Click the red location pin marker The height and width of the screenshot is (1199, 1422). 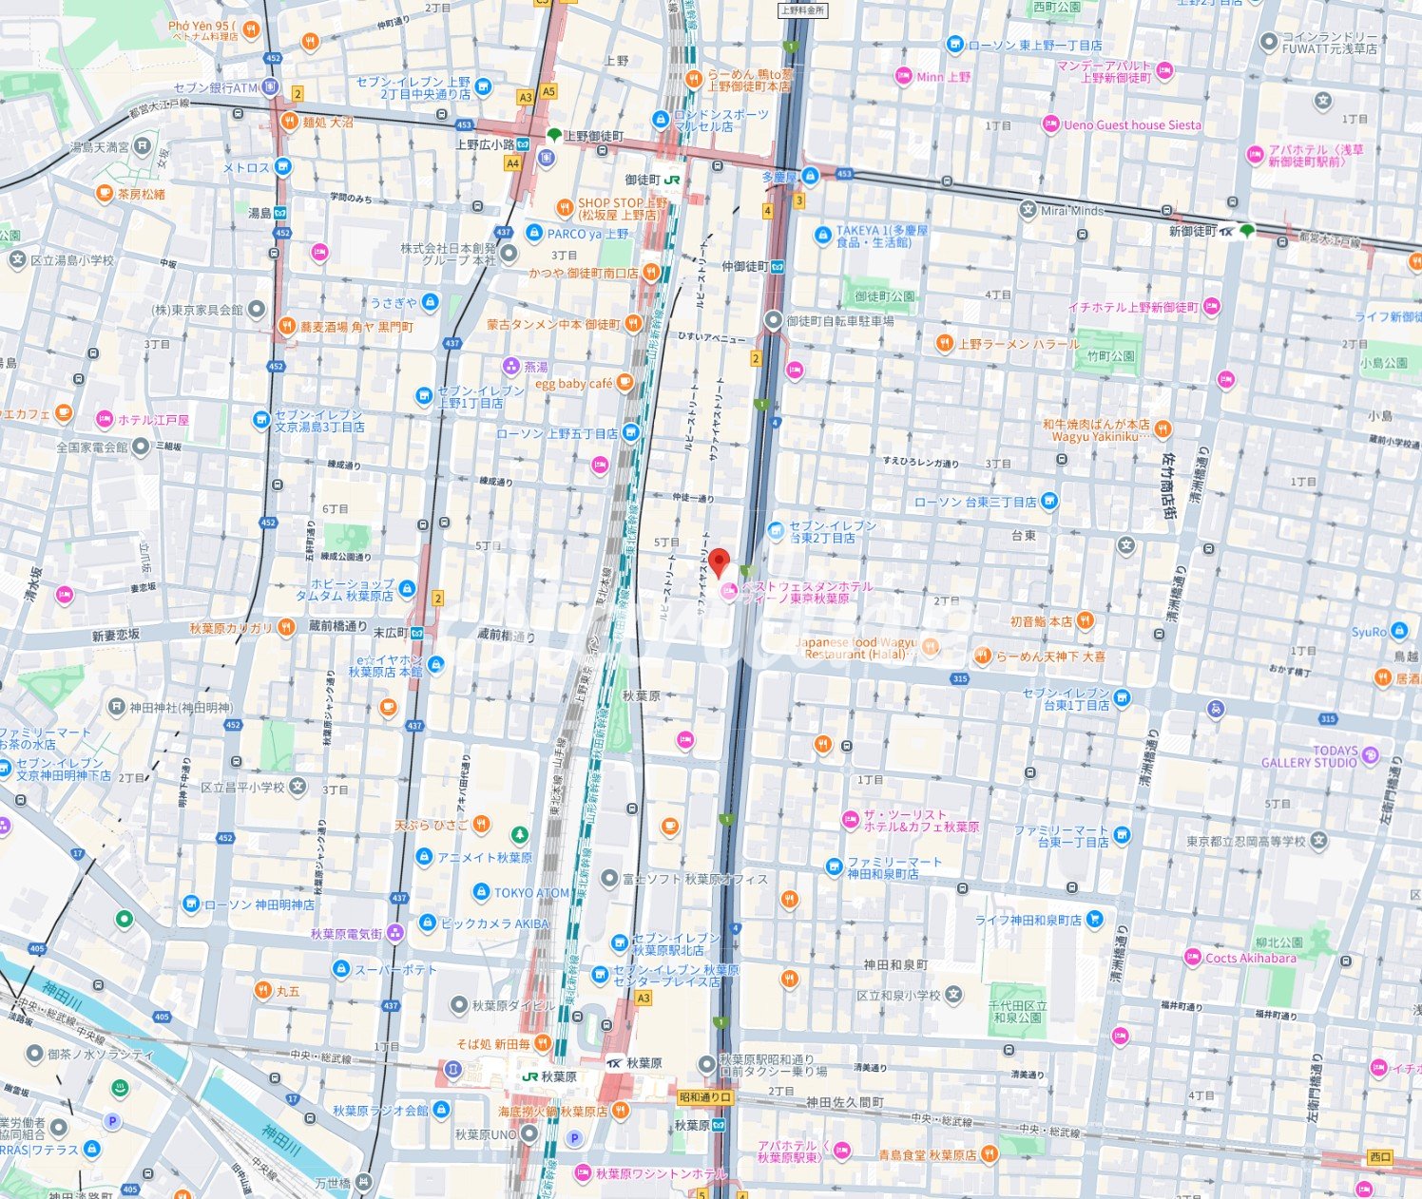point(720,561)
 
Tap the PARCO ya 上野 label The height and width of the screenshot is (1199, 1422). point(588,234)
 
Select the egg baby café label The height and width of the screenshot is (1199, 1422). point(573,384)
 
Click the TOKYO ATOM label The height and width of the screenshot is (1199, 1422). point(531,893)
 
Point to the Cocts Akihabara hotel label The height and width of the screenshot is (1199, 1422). point(1250,958)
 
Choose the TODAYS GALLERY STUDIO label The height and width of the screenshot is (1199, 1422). point(1309,756)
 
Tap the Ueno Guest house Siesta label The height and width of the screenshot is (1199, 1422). point(1131,124)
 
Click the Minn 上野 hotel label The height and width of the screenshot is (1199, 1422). point(943,77)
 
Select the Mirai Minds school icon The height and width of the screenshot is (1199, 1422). point(1028,210)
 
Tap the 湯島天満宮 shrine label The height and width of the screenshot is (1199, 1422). point(100,147)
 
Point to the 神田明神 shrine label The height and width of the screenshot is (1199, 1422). point(181,707)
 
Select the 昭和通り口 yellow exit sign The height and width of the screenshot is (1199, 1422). point(705,1096)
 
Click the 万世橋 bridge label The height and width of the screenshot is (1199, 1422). point(333,1183)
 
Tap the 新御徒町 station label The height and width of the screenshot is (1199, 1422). point(1192,231)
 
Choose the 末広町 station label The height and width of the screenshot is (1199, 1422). point(390,632)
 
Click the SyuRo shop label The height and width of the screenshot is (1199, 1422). point(1369,632)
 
